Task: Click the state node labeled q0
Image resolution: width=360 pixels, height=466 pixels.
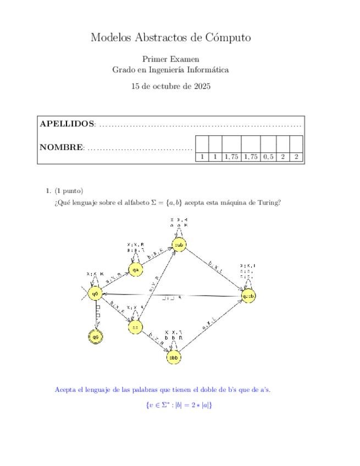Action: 96,294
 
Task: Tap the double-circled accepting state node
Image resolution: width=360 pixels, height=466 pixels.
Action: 96,336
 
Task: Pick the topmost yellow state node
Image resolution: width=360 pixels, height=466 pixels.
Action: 179,245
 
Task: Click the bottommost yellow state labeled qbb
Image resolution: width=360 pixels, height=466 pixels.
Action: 174,358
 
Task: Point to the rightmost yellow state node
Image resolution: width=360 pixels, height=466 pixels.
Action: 248,296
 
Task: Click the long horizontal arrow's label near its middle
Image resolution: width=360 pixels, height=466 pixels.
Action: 172,299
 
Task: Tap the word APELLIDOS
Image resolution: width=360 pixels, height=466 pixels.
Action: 67,124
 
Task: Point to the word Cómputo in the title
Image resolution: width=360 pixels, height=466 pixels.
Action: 228,37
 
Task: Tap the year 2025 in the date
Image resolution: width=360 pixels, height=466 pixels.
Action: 201,86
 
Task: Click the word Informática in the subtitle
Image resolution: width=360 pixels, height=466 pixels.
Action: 208,70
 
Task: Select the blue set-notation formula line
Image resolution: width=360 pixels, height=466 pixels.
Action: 179,405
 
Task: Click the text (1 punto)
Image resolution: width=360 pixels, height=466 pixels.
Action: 69,191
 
